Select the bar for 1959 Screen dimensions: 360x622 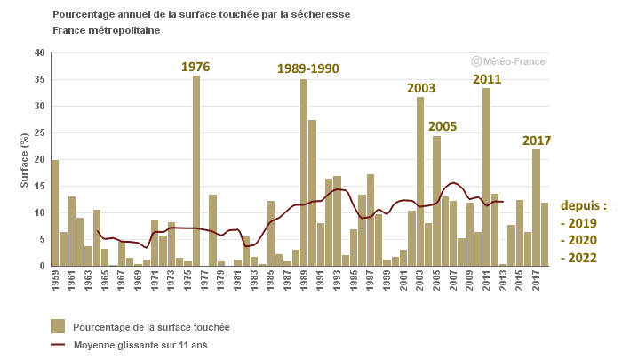coord(55,213)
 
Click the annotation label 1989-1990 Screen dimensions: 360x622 coord(307,68)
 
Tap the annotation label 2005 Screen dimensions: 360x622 coord(442,126)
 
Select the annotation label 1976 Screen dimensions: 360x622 coord(195,67)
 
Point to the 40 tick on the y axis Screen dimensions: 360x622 coord(39,53)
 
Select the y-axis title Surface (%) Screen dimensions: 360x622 coord(24,160)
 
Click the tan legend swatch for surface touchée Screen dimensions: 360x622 coord(58,326)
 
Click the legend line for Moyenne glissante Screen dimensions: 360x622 coord(58,345)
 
